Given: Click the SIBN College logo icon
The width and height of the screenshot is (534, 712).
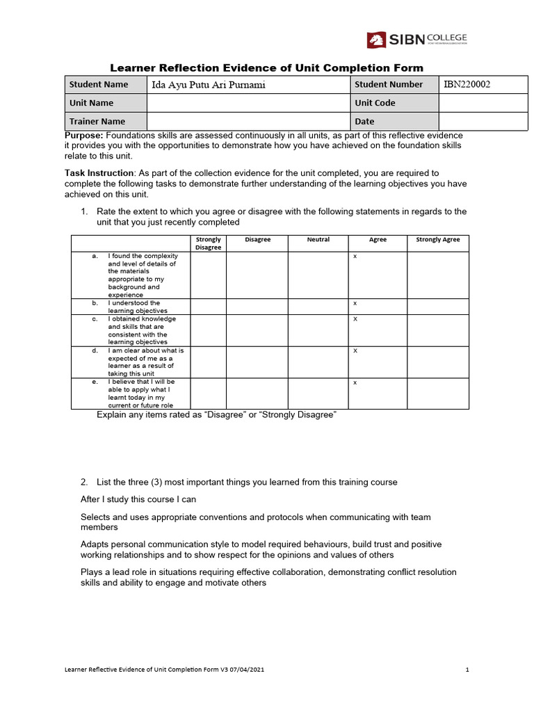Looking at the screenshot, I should pos(376,40).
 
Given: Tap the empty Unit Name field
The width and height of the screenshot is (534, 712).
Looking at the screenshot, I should pos(248,103).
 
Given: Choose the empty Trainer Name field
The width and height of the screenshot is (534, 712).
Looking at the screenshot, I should pos(248,121).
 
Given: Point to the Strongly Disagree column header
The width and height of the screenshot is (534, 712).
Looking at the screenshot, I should pos(208,243).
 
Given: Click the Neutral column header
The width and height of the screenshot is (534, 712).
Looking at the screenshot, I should pos(318,240).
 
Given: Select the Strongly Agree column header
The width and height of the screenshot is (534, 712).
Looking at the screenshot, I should pos(437,240).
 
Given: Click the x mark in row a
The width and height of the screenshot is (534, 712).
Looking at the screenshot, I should pos(355,257).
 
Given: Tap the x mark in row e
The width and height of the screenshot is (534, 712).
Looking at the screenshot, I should pos(355,382).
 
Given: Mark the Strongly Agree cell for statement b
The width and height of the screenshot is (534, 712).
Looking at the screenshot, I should pos(437,307).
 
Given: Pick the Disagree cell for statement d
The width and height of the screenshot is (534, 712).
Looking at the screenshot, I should pos(257,362).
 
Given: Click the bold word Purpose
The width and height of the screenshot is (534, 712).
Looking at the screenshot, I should pos(84,135).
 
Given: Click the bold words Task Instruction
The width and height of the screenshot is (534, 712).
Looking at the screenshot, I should pos(99,172).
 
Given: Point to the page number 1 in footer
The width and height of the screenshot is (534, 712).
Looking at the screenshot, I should pos(467,670).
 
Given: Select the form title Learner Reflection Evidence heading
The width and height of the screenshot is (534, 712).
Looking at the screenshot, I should pos(267,67).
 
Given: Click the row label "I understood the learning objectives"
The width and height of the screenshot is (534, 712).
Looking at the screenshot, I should pos(138,307).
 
